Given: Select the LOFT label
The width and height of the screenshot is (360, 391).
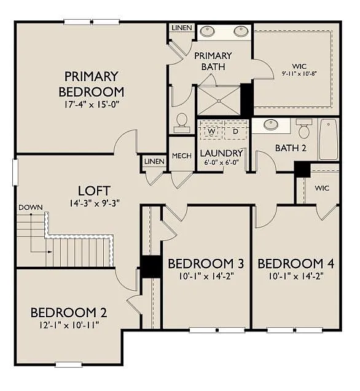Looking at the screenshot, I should (94, 190).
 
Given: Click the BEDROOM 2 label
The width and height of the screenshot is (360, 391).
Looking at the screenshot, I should (64, 312).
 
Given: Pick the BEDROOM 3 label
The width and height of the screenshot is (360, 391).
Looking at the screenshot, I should (206, 264).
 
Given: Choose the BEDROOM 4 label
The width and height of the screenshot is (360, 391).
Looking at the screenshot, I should (295, 264).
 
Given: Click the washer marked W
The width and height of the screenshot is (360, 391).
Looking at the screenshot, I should (211, 131).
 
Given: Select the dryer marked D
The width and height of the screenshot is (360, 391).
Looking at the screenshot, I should (235, 131).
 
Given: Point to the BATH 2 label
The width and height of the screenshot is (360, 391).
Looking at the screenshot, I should (290, 148).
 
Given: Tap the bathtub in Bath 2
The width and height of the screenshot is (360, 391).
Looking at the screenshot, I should (329, 139).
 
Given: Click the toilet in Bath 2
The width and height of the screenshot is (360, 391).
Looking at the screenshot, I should (303, 129).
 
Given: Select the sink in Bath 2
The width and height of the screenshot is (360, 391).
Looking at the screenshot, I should (271, 125).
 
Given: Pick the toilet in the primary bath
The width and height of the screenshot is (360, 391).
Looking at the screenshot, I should (182, 122).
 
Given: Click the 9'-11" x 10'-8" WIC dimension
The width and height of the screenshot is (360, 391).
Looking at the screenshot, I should (294, 73).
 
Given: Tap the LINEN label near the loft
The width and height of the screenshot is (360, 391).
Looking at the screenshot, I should (154, 161).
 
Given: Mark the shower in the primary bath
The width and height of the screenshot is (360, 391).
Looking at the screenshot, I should (218, 100).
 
